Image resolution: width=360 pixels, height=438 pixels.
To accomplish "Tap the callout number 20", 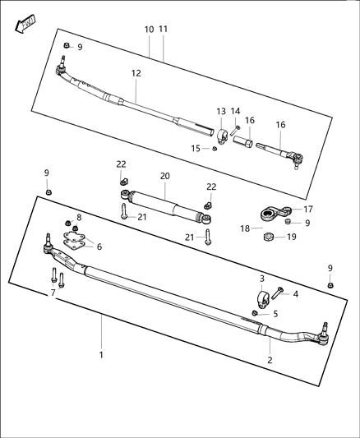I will point(164,176).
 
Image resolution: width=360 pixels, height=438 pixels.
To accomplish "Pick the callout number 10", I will point(149,29).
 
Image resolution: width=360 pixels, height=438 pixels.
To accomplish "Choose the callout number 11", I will point(164,29).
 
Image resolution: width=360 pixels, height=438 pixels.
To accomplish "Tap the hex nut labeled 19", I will point(267,238).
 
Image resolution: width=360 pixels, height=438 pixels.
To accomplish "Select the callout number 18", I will point(245,228).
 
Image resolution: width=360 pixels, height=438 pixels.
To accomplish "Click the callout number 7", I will point(53,293).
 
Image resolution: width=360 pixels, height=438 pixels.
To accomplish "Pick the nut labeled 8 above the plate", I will point(75,228).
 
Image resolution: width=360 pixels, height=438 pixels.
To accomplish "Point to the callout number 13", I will point(220,111).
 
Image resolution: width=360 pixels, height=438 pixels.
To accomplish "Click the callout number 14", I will point(235,111).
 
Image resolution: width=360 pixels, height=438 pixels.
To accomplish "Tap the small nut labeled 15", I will point(215,148).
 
